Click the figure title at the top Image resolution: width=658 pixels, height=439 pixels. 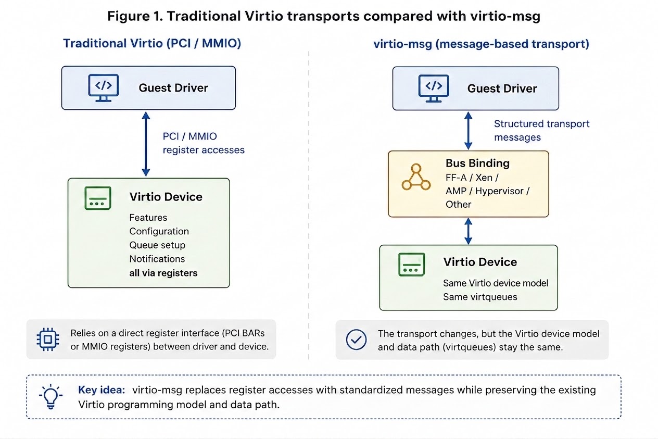coord(324,16)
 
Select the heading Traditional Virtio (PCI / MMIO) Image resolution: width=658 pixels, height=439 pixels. coord(152,44)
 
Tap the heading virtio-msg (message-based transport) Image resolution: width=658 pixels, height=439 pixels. coord(481,44)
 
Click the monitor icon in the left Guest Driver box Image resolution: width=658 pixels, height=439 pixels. coord(104,88)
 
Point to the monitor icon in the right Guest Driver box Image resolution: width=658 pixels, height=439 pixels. coord(434,89)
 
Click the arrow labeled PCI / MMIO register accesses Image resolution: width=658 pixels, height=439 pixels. coord(146,144)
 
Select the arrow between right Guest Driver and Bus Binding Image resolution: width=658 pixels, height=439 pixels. coord(468,131)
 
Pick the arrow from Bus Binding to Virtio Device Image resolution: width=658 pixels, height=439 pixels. coord(468,231)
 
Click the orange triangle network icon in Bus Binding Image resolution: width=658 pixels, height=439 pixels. coord(416,177)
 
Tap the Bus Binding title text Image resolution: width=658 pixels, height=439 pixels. coord(477,163)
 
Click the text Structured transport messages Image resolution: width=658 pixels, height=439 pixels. coord(541,131)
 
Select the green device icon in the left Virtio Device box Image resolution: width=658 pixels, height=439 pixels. coord(98,198)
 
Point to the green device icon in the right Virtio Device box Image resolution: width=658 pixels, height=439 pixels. coord(412,265)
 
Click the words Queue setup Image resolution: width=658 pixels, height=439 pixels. coord(157,245)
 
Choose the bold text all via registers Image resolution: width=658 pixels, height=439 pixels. coord(163,273)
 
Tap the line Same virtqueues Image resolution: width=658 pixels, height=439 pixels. coord(480,297)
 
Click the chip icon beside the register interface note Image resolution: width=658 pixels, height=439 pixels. coord(48,340)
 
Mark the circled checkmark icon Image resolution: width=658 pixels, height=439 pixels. coord(356,340)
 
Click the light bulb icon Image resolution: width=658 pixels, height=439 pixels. coord(51,396)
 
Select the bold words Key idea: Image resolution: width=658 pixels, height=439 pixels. coord(102,390)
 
